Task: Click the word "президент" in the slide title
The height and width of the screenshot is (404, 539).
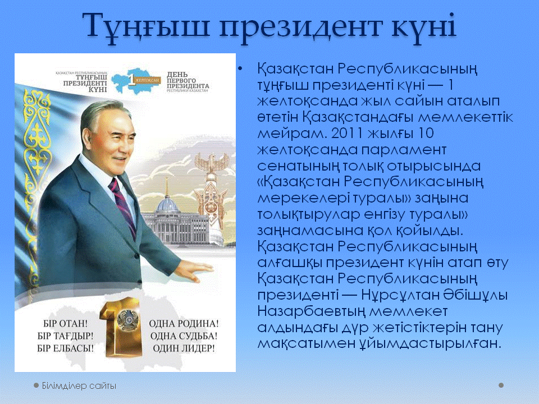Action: pyautogui.click(x=300, y=27)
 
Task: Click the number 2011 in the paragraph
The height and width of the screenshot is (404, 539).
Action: pyautogui.click(x=347, y=134)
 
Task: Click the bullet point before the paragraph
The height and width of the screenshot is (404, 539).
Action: pyautogui.click(x=240, y=69)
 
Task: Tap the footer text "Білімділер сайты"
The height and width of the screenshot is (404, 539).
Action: pyautogui.click(x=79, y=386)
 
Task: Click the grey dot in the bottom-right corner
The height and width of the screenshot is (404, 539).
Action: pyautogui.click(x=501, y=385)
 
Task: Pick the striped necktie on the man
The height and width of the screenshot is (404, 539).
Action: pyautogui.click(x=123, y=206)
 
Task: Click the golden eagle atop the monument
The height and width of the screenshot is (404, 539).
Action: pyautogui.click(x=212, y=163)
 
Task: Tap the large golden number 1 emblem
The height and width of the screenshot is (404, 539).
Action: pyautogui.click(x=121, y=327)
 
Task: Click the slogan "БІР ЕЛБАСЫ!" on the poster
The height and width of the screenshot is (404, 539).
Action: pyautogui.click(x=65, y=348)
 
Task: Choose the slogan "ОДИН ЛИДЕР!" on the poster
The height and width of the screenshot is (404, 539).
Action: pyautogui.click(x=184, y=348)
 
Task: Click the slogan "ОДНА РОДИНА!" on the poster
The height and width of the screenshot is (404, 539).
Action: pyautogui.click(x=184, y=323)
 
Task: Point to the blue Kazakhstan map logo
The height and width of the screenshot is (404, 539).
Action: pyautogui.click(x=136, y=81)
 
